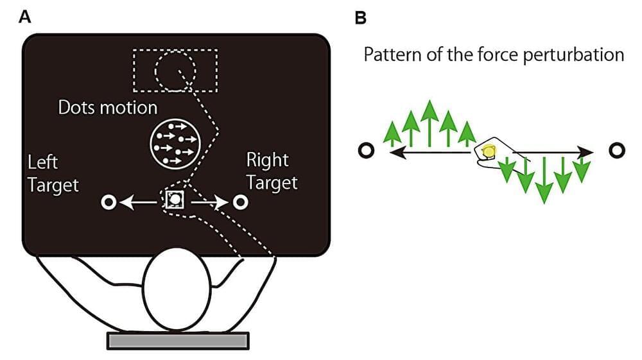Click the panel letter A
coord(25,17)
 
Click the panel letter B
coord(361,17)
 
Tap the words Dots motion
coord(108,107)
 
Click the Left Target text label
coord(53,173)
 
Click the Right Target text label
coord(272,171)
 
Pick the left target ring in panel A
coord(108,203)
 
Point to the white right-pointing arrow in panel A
coord(209,203)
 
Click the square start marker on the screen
coord(175,200)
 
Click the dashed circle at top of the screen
coord(175,70)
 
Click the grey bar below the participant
coord(177,341)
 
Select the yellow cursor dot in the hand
coord(489,152)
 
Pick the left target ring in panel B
coord(366,151)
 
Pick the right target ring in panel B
coord(616,151)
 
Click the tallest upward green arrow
coord(429,125)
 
